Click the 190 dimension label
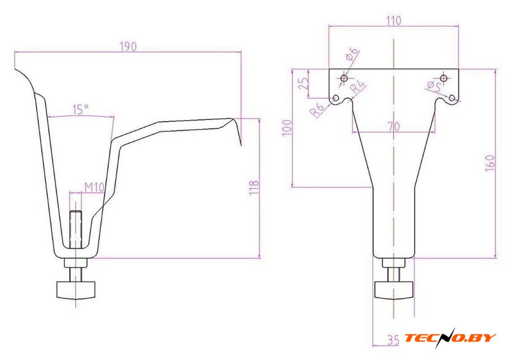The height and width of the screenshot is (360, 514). tap(128, 47)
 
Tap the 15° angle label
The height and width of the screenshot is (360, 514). tap(81, 110)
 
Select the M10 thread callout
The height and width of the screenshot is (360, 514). tap(94, 187)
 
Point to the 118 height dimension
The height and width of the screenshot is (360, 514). tap(254, 188)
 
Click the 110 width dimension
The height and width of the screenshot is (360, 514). tap(393, 21)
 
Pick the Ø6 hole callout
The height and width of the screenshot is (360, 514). tap(352, 54)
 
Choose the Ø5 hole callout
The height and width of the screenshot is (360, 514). tap(434, 86)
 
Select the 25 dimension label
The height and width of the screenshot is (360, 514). tap(304, 84)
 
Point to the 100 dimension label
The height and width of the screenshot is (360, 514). tap(287, 128)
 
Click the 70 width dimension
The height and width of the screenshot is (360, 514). tap(393, 126)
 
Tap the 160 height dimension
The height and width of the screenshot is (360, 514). tap(490, 163)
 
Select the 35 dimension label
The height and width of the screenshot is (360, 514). tap(393, 340)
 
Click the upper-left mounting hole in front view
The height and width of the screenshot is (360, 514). tap(344, 78)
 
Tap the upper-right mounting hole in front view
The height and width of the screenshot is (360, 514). tap(444, 78)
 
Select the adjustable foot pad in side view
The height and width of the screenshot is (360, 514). tap(76, 290)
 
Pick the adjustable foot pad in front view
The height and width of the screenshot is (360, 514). tap(393, 290)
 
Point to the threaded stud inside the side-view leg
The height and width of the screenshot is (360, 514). tap(76, 230)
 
